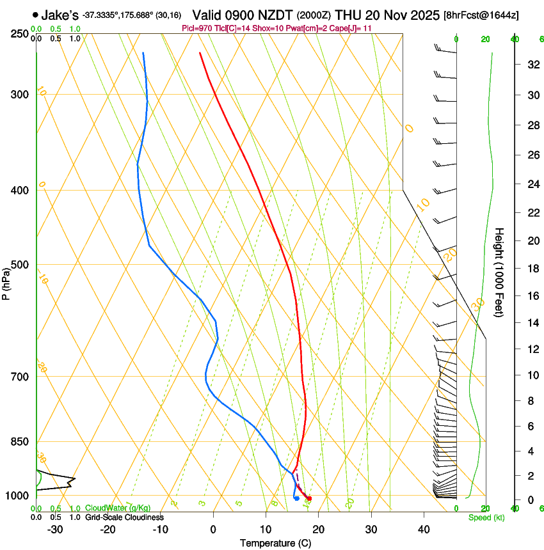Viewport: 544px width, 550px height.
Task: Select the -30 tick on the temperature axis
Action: click(55, 529)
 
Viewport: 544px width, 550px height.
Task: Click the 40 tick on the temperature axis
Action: click(424, 529)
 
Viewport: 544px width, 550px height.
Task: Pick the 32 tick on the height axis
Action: click(532, 64)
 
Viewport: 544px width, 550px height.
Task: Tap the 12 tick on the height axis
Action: click(532, 349)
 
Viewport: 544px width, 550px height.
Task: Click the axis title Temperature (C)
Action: click(275, 543)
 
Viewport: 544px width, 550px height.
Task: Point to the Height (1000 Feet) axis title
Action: click(500, 272)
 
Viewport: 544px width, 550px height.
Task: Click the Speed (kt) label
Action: click(486, 517)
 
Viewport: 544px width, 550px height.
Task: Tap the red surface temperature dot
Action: click(309, 498)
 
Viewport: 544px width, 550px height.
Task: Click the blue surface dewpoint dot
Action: click(296, 498)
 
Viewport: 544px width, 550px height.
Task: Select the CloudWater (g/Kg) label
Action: click(118, 508)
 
